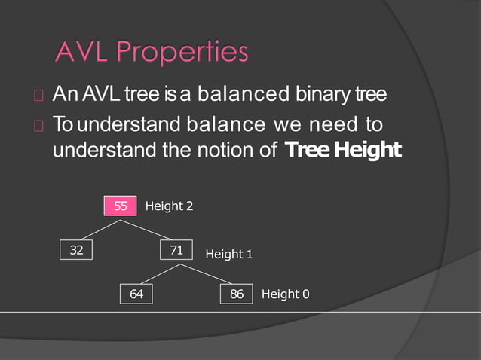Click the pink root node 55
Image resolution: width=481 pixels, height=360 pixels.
click(x=121, y=206)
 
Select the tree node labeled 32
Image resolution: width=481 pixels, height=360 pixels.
click(x=76, y=251)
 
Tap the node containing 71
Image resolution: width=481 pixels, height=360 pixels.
click(x=176, y=251)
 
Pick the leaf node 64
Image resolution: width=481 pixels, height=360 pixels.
click(x=136, y=294)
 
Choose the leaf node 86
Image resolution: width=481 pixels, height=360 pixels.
click(x=237, y=294)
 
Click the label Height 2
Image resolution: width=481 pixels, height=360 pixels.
click(x=169, y=206)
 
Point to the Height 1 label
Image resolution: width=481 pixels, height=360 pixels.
click(x=229, y=255)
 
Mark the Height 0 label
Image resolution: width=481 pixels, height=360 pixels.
click(x=285, y=294)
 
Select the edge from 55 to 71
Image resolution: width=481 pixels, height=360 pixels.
click(x=149, y=228)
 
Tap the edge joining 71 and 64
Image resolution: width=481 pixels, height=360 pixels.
click(x=157, y=273)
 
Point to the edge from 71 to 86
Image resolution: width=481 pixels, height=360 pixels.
click(x=207, y=273)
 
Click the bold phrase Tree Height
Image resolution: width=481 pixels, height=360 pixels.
click(x=343, y=150)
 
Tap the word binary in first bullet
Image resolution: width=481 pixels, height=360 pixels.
click(x=329, y=96)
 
